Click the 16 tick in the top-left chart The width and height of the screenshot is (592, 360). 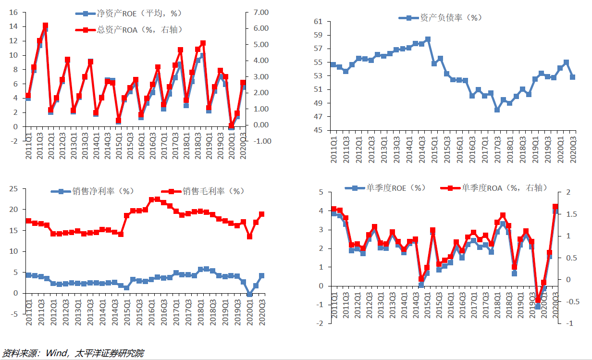tap(13, 12)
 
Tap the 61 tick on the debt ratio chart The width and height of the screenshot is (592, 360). tap(318, 22)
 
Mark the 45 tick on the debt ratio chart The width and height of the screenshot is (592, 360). tap(318, 130)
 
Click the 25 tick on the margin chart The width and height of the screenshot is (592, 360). tap(13, 189)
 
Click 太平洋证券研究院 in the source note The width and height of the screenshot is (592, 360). tap(109, 354)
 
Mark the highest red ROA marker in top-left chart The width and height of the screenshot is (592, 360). tap(45, 26)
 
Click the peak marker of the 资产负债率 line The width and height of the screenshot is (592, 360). tap(428, 39)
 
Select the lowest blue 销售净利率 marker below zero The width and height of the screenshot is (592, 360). tap(249, 295)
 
